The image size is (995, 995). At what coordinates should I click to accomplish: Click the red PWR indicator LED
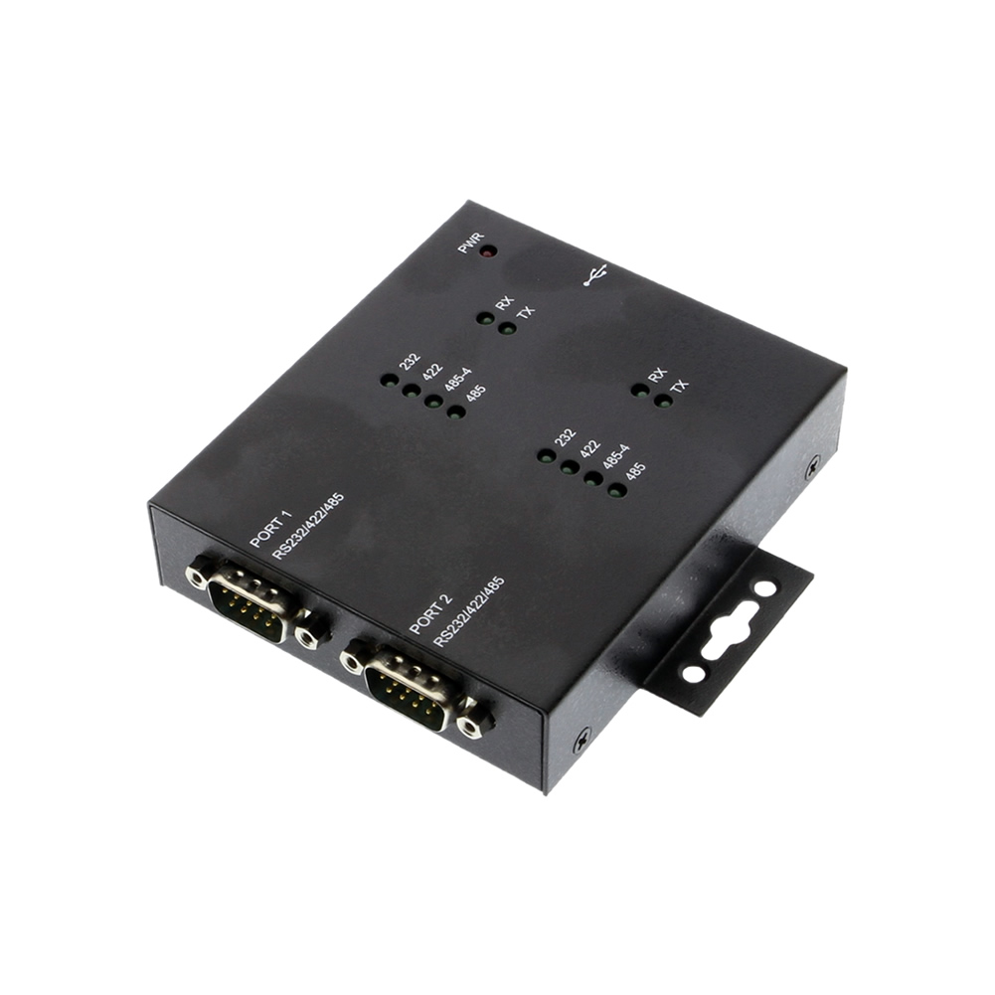coord(487,250)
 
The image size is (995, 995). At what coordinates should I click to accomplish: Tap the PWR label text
coord(470,243)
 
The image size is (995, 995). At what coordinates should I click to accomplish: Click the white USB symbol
coord(595,274)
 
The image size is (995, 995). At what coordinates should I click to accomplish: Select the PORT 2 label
coord(430,613)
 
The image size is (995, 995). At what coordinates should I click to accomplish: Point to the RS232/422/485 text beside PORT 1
coord(308,526)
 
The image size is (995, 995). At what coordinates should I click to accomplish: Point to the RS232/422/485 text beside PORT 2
coord(468,611)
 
